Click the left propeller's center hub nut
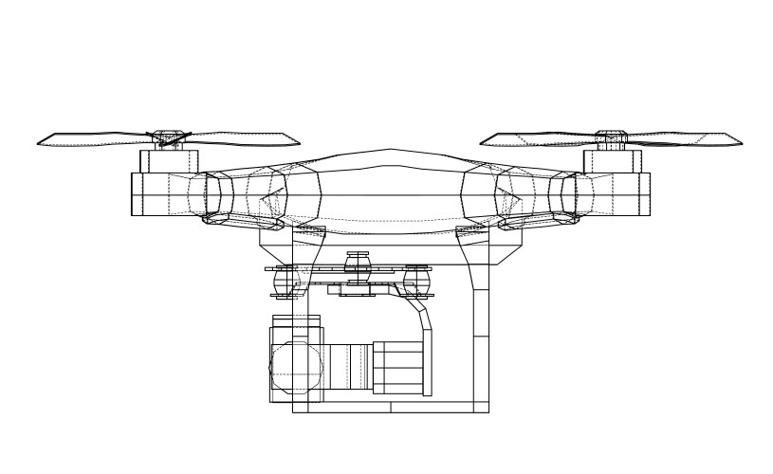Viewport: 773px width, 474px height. click(x=170, y=137)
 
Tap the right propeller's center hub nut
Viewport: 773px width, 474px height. click(x=607, y=137)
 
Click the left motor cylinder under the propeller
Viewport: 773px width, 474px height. click(x=168, y=161)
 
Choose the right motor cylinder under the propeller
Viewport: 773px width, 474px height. click(x=608, y=161)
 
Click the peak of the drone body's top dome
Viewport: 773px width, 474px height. click(x=387, y=152)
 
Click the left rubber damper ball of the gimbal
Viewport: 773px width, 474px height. click(x=285, y=279)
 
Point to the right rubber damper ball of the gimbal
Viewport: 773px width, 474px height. click(x=415, y=280)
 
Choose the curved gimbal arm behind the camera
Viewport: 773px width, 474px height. click(x=421, y=327)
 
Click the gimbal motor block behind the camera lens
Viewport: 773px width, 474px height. click(x=402, y=368)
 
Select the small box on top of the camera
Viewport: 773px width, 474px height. click(x=285, y=322)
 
